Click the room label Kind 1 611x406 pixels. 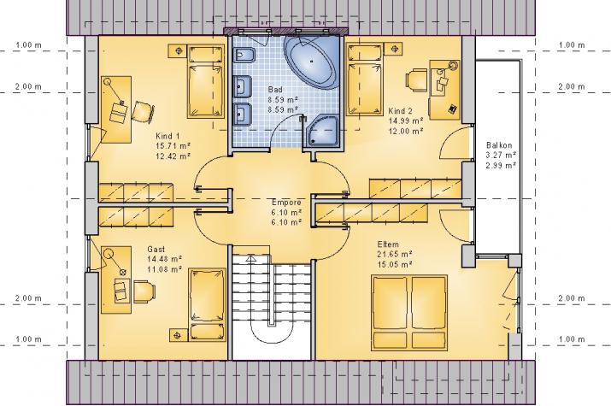pos(167,136)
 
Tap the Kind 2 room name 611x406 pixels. pos(400,111)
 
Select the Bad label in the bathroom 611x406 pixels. pos(275,90)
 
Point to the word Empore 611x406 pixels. pos(286,203)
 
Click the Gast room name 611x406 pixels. pos(156,249)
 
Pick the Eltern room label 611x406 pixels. pos(388,244)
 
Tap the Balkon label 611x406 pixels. pos(499,145)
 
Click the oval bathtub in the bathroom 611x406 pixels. pos(312,62)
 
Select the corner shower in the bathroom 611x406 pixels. pos(323,132)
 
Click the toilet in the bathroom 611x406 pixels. pos(244,56)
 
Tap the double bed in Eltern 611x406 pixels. pos(408,313)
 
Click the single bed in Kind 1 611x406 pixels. pos(206,81)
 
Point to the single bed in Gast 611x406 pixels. pos(207,304)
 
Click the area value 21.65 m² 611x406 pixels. pos(395,254)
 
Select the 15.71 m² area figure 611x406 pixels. pos(173,146)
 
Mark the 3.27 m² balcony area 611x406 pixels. pos(501,155)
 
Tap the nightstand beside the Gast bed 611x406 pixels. pos(178,335)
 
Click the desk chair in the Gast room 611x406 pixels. pos(144,291)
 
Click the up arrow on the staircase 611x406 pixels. pos(251,258)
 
